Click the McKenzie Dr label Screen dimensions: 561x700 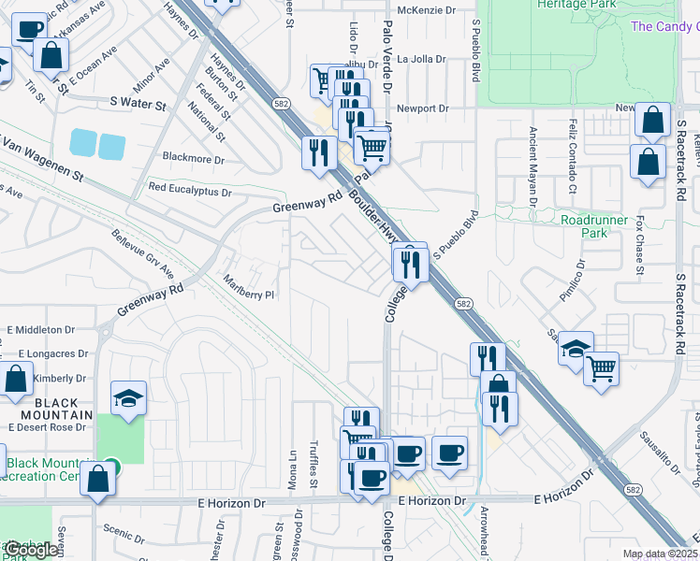(425, 10)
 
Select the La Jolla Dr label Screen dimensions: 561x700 (421, 59)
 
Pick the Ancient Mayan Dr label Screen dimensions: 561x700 (532, 167)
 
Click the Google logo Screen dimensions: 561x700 (32, 551)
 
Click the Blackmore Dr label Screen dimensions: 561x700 (194, 159)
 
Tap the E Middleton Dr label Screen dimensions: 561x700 (40, 330)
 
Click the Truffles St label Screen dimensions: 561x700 (314, 472)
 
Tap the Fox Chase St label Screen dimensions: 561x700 (640, 246)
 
